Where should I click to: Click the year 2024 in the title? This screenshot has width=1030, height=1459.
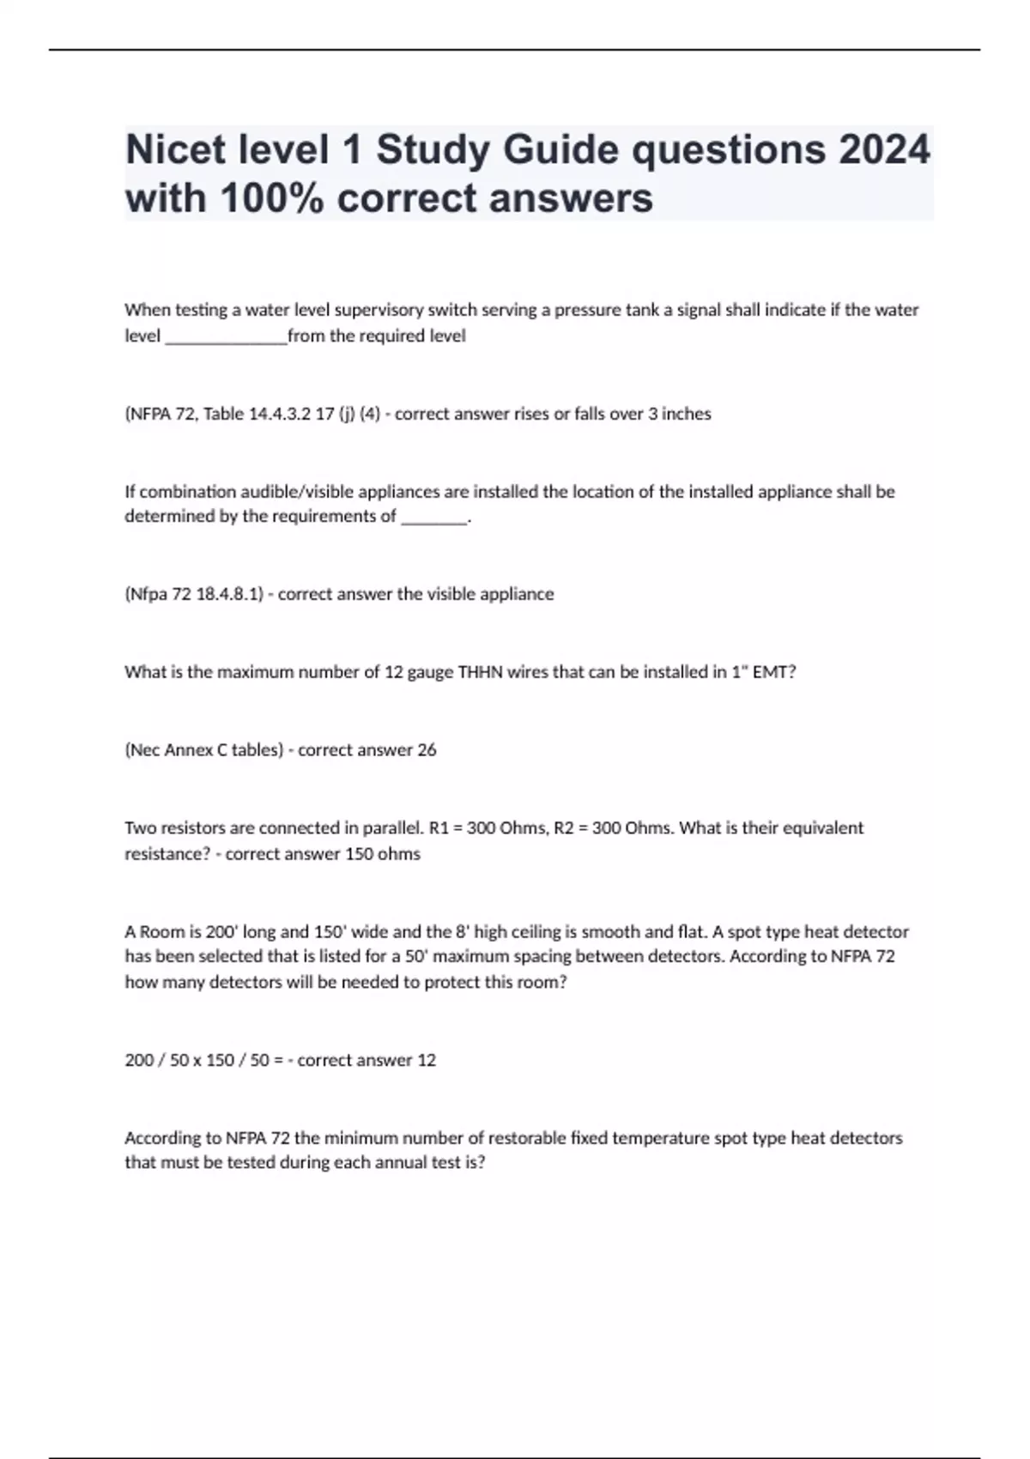(884, 150)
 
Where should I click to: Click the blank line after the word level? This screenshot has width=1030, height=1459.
(226, 337)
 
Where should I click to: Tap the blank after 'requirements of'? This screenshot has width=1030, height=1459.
(434, 518)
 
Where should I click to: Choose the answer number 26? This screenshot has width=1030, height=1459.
(427, 750)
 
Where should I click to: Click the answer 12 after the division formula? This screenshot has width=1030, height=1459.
(427, 1061)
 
